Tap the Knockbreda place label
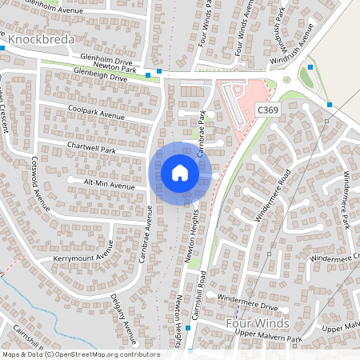pyautogui.click(x=41, y=38)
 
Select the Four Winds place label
pyautogui.click(x=257, y=323)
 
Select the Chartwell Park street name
pyautogui.click(x=92, y=149)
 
